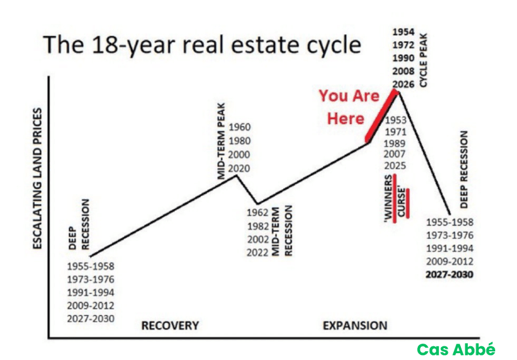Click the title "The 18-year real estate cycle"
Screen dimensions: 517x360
(x=202, y=45)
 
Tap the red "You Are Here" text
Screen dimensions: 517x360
(x=349, y=107)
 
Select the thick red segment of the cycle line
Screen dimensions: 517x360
(x=381, y=115)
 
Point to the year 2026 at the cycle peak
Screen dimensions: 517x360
(x=403, y=84)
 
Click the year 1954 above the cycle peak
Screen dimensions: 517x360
(x=403, y=32)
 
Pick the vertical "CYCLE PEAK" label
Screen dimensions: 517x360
(x=423, y=60)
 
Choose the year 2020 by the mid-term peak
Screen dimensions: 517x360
(x=239, y=168)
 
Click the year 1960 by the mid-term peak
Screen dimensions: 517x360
(x=239, y=127)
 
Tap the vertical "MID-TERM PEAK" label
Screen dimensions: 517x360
(x=221, y=141)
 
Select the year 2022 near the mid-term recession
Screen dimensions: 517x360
(x=258, y=253)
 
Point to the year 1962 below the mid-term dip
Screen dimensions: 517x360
(x=258, y=213)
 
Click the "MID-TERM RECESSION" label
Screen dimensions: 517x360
(x=282, y=231)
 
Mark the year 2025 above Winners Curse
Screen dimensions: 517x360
(x=395, y=165)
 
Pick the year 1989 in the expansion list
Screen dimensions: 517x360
(x=395, y=144)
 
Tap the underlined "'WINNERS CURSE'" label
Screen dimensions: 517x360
(x=396, y=198)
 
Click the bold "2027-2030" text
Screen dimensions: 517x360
(x=450, y=275)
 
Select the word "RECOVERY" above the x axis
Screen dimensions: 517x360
(x=170, y=326)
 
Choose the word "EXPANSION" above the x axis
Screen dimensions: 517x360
(x=355, y=326)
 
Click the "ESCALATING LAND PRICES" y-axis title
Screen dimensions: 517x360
(x=37, y=178)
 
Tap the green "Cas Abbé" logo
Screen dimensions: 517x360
(x=456, y=349)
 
